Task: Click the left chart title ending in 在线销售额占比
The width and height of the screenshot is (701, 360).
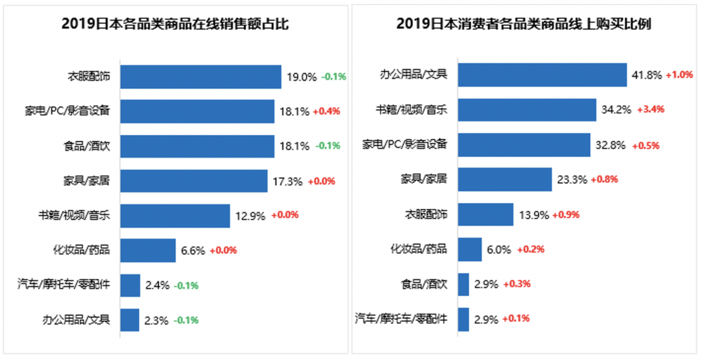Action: click(x=175, y=24)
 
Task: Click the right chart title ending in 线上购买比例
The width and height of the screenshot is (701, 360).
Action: click(x=524, y=24)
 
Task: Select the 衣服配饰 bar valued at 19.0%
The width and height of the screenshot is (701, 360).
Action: click(x=201, y=77)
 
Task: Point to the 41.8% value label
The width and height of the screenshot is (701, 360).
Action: click(x=646, y=75)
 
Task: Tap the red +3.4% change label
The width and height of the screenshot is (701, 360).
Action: click(x=650, y=110)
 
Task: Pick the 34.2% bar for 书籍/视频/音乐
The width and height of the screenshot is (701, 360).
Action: click(x=526, y=110)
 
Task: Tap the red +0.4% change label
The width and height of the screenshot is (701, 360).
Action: click(x=327, y=111)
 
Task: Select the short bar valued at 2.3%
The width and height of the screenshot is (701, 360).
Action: click(x=130, y=320)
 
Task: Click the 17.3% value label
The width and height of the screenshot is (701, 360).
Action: click(x=288, y=181)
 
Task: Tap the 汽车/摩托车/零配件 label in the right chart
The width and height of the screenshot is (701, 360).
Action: click(x=401, y=318)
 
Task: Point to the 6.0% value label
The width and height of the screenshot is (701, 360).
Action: click(x=499, y=249)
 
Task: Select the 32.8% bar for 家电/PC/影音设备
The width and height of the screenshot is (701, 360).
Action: click(x=524, y=145)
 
